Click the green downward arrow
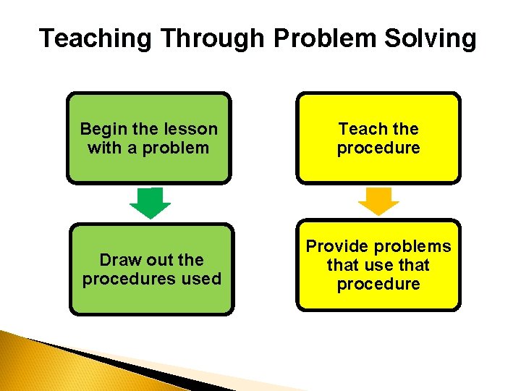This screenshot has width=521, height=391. pos(150,203)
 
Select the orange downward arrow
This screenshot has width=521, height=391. pos(378,201)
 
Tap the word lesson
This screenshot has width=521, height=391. pos(190,129)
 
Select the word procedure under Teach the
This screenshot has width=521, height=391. pos(378,148)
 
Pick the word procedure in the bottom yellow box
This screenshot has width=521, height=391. pos(378,284)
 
